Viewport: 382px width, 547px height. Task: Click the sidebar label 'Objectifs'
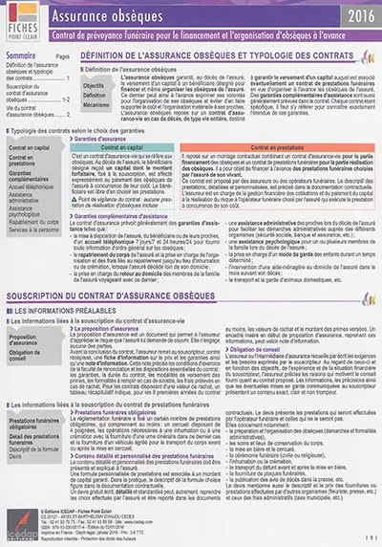point(95,85)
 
